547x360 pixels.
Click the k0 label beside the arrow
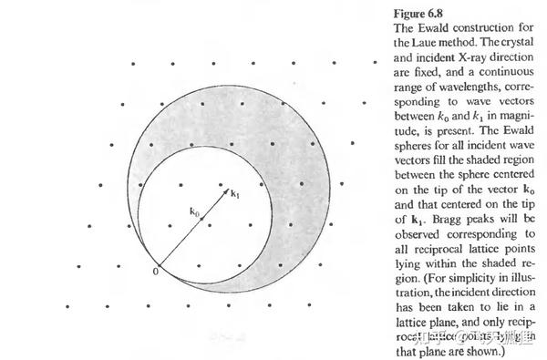tap(194, 211)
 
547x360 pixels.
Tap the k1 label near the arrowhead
tap(234, 193)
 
